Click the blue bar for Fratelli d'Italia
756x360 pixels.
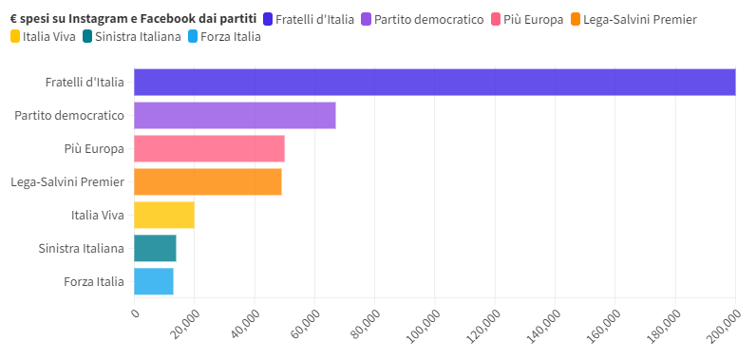[x=434, y=83]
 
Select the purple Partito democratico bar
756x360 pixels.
[x=235, y=116]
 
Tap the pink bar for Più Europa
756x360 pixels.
[x=209, y=149]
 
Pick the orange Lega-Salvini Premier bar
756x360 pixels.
[x=207, y=181]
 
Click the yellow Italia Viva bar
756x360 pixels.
[x=163, y=215]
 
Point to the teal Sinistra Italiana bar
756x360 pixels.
[x=155, y=248]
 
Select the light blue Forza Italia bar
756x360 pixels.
[x=153, y=281]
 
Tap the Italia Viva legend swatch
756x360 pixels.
[x=14, y=37]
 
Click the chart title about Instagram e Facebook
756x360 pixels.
[x=133, y=19]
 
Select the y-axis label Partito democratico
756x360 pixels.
[x=69, y=116]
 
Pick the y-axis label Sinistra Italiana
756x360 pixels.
[x=82, y=248]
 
